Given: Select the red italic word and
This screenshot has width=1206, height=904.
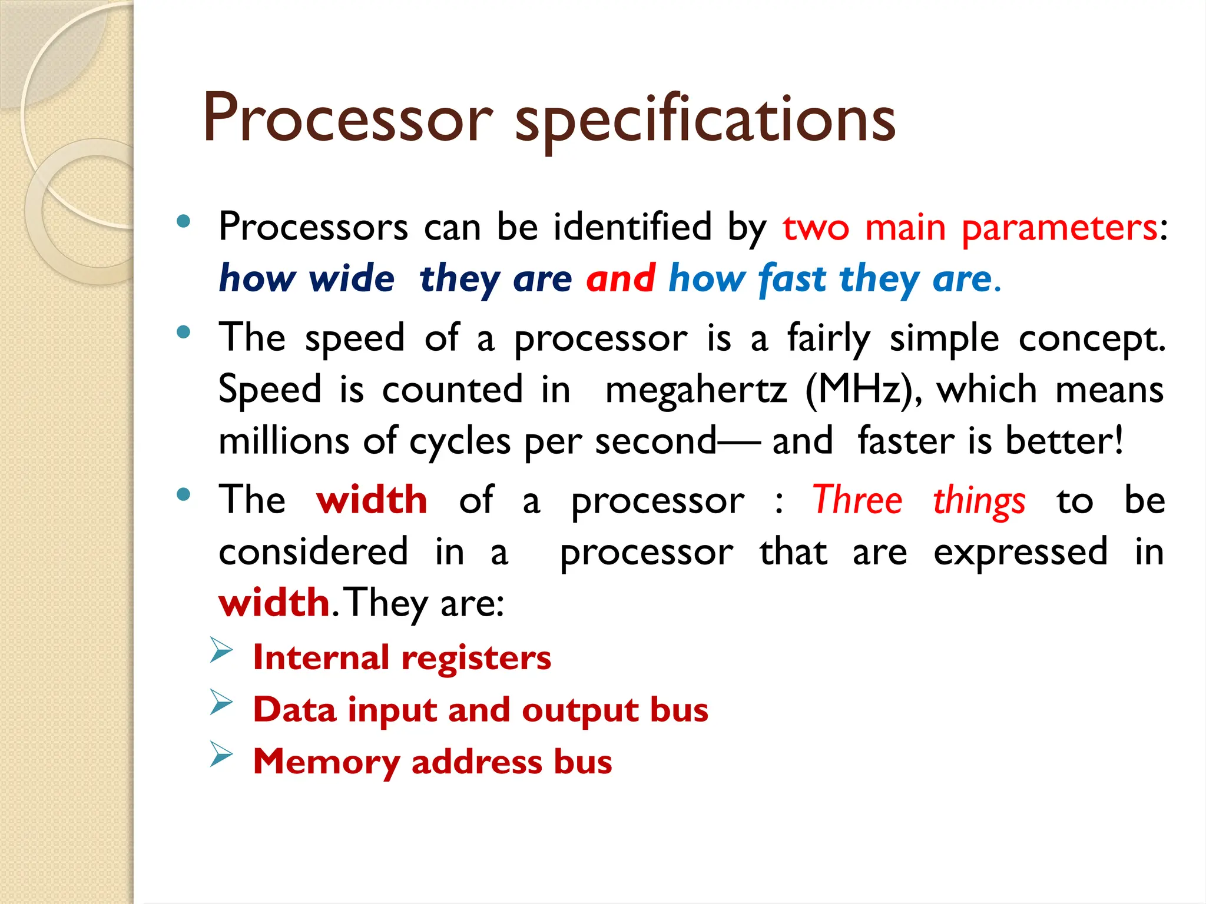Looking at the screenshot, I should coord(621,278).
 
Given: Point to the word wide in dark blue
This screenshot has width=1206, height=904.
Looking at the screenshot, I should coord(352,278).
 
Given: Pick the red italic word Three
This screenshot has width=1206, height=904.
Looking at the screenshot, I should coord(857,500).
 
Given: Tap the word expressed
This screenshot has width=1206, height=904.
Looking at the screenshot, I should coord(1021,552).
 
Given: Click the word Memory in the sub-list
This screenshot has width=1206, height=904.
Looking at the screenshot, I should coord(326,762).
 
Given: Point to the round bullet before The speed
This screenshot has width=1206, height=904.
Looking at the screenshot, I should coord(184,332).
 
